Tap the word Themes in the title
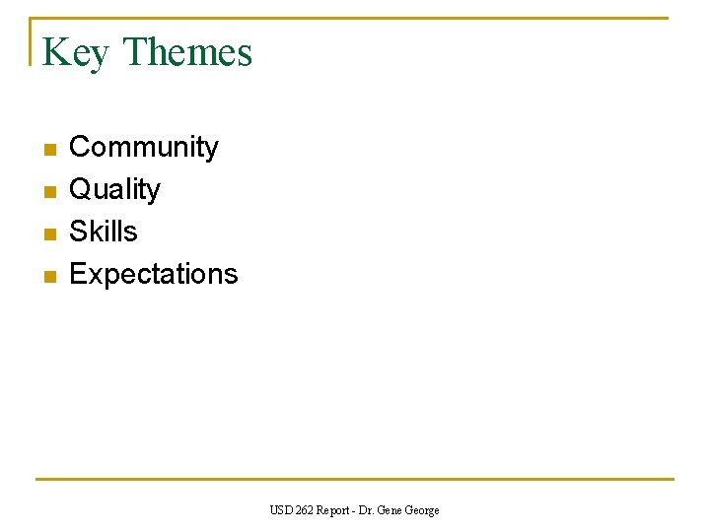coord(187,52)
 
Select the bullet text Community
coord(144,147)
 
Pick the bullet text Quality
coord(114,189)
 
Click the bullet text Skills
coord(104,232)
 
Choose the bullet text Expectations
coord(154,274)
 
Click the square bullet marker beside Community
coord(49,150)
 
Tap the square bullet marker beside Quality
coord(49,192)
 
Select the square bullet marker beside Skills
coord(49,234)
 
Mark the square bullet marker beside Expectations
coord(49,277)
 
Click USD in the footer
coord(281,510)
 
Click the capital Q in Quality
coord(79,189)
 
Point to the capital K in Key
coord(55,52)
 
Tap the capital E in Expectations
coord(77,274)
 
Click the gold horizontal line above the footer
coord(355,480)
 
